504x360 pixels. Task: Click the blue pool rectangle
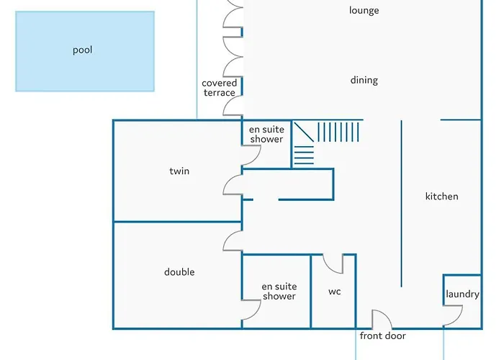click(85, 51)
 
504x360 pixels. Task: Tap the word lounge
click(364, 11)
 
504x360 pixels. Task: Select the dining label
click(364, 81)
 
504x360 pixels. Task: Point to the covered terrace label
click(219, 88)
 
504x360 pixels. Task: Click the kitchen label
click(441, 197)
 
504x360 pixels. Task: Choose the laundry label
click(462, 294)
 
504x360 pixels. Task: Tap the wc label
click(334, 292)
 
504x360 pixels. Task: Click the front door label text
click(382, 336)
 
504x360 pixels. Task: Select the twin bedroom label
click(179, 171)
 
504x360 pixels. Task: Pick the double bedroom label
click(179, 272)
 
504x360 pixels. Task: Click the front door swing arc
click(381, 319)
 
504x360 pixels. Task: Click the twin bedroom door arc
click(233, 185)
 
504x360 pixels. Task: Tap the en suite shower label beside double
click(279, 292)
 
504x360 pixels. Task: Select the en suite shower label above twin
click(266, 135)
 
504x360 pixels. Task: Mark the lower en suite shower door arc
click(251, 310)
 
